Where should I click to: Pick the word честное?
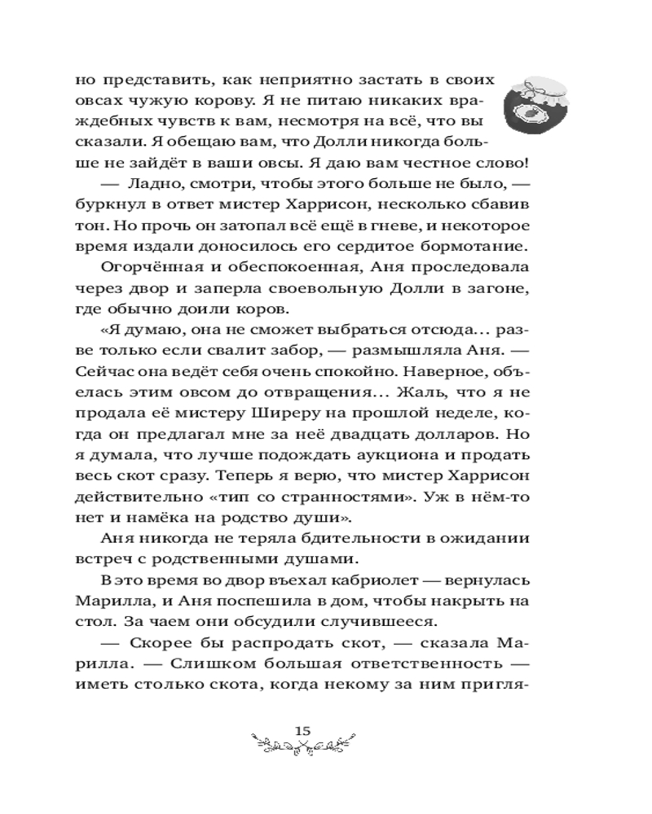click(x=440, y=163)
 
